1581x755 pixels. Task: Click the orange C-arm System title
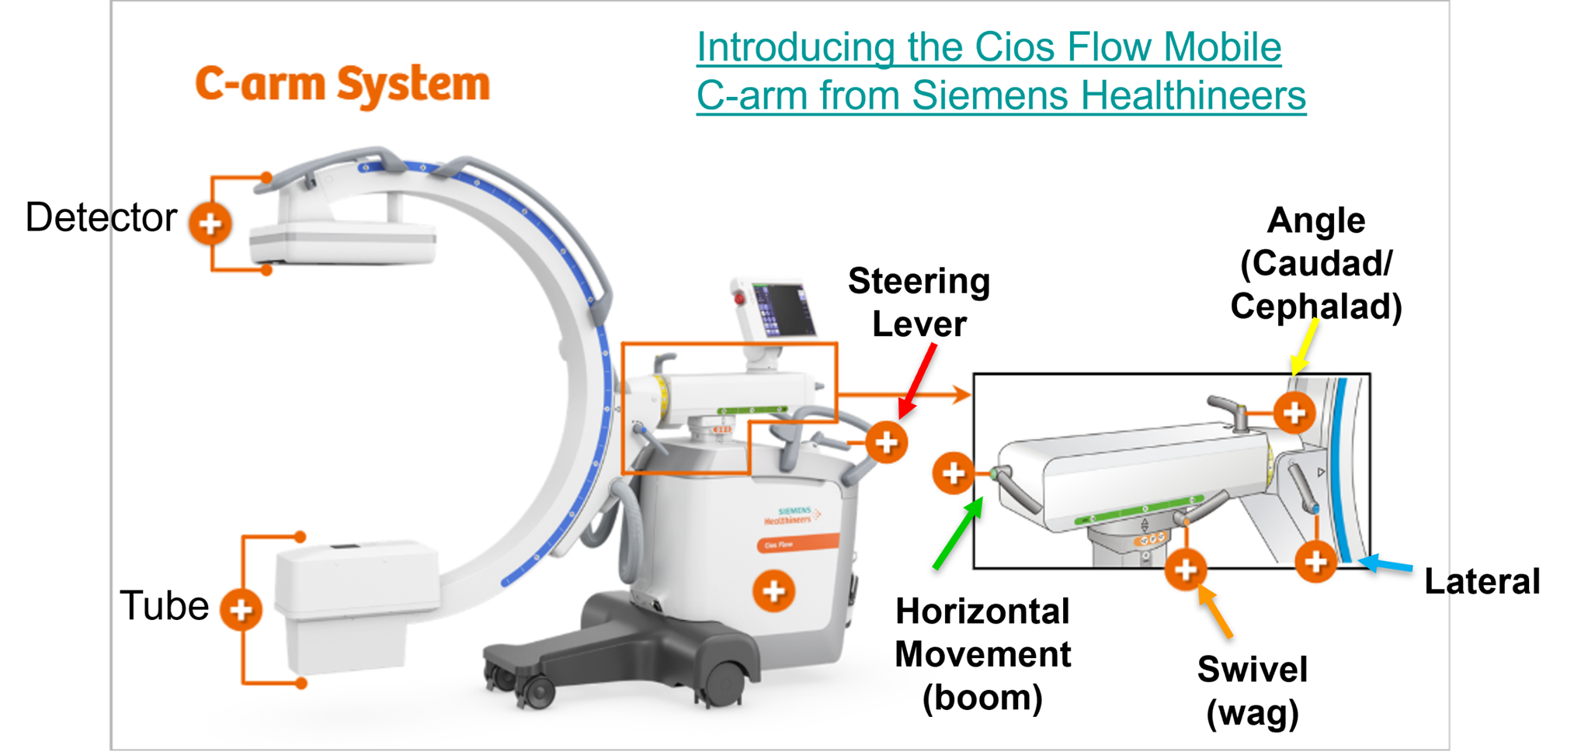(x=342, y=84)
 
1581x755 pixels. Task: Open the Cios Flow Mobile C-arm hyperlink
(x=1000, y=71)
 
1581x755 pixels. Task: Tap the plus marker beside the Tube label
(x=241, y=609)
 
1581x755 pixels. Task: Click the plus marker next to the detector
(x=210, y=223)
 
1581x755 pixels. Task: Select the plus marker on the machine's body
(x=773, y=591)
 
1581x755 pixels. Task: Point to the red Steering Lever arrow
(x=918, y=380)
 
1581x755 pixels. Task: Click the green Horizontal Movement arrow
(x=957, y=535)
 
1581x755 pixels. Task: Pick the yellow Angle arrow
(x=1304, y=348)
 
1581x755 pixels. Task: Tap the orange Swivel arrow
(x=1216, y=612)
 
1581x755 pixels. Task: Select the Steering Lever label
(x=919, y=303)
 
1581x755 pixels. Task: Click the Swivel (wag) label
(x=1252, y=691)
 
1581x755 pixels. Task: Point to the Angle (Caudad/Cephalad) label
(x=1316, y=264)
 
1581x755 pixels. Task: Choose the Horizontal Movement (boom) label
(x=982, y=654)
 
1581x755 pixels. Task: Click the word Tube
(x=165, y=606)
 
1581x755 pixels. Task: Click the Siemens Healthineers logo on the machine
(x=792, y=515)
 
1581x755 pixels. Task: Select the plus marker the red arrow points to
(x=886, y=442)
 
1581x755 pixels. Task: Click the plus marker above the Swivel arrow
(x=1185, y=569)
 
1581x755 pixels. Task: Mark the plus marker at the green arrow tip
(x=953, y=473)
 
